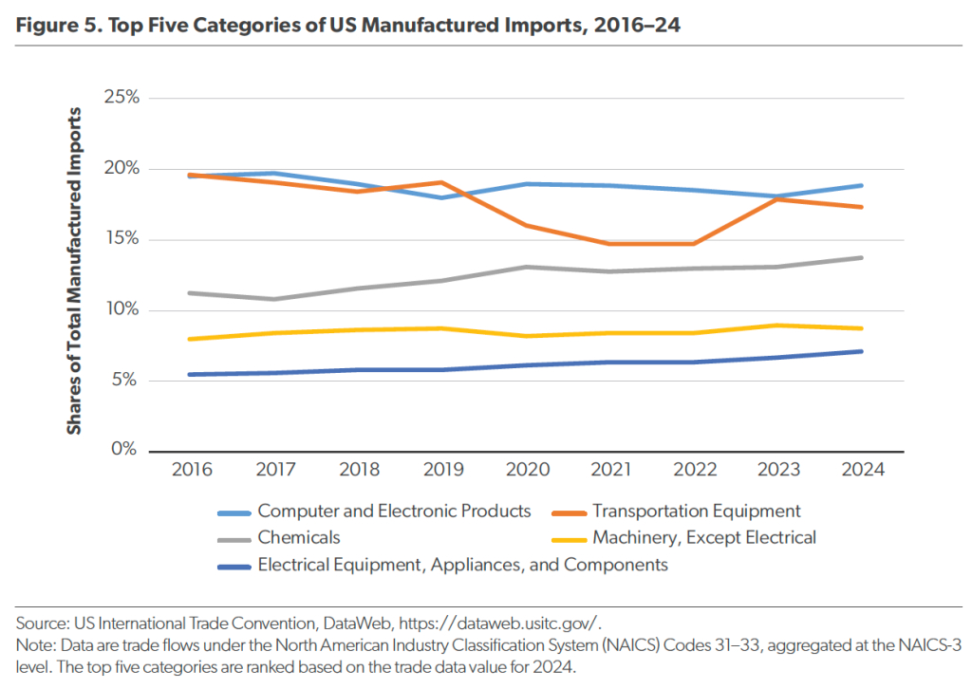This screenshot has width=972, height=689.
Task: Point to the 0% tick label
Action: tap(125, 450)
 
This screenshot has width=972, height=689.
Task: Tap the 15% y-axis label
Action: tap(121, 239)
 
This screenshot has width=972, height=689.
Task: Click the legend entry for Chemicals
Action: tap(298, 538)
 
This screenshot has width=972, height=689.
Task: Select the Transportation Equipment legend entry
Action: tap(697, 512)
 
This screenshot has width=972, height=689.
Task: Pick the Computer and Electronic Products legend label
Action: tap(394, 512)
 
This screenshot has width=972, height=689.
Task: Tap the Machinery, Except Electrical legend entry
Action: tap(704, 538)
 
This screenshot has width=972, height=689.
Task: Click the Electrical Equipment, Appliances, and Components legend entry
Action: tap(462, 565)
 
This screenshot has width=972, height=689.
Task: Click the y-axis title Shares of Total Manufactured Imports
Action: tap(74, 271)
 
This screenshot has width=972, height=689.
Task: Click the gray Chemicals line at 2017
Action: tap(275, 299)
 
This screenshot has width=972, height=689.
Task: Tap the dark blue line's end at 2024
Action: tap(861, 351)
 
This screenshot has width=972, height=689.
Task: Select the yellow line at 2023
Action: tap(777, 326)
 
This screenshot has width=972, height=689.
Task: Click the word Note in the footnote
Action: tap(34, 645)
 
